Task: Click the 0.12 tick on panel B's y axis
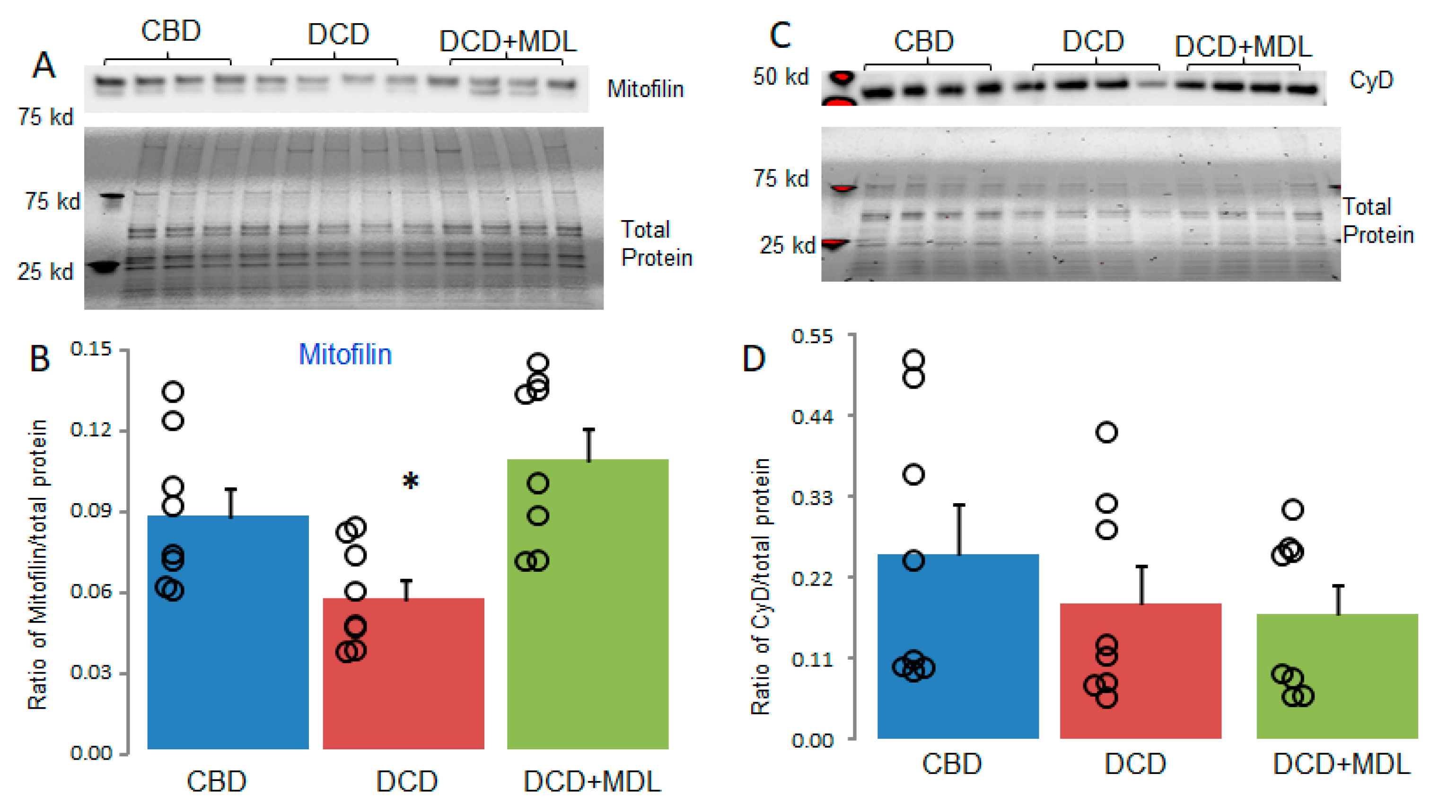tap(90, 430)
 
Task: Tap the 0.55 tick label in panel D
tap(812, 337)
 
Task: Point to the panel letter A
tap(44, 66)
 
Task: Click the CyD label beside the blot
tap(1371, 80)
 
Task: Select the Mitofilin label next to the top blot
tap(645, 89)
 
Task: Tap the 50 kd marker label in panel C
tap(781, 77)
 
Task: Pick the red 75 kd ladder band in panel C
tap(842, 188)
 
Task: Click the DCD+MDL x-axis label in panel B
tap(592, 781)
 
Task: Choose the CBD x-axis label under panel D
tap(951, 764)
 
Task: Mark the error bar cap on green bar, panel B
tap(588, 430)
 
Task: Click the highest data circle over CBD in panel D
tap(913, 359)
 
